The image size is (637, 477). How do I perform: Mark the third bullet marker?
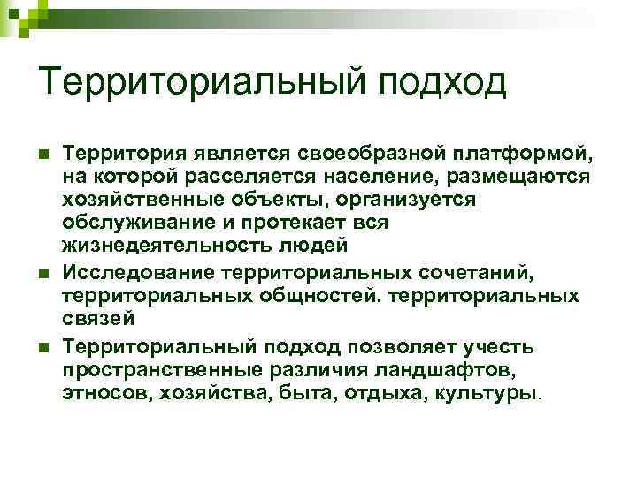(43, 348)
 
